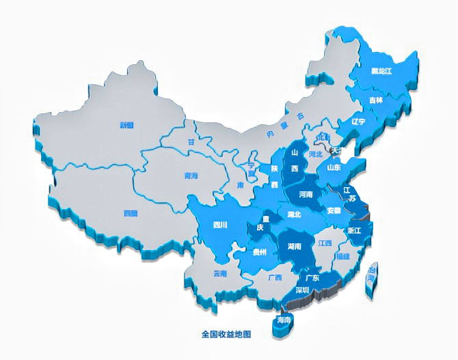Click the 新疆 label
point(126,125)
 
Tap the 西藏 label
point(130,214)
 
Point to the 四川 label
point(220,224)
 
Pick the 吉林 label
point(376,100)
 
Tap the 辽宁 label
point(358,122)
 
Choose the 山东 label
point(334,167)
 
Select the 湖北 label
point(295,214)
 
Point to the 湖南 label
point(295,246)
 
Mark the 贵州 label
point(259,253)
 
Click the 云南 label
point(219,274)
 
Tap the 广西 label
point(275,277)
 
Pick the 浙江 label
point(354,231)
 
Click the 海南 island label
point(283,320)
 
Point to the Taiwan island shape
point(372,277)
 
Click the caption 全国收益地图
point(227,334)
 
